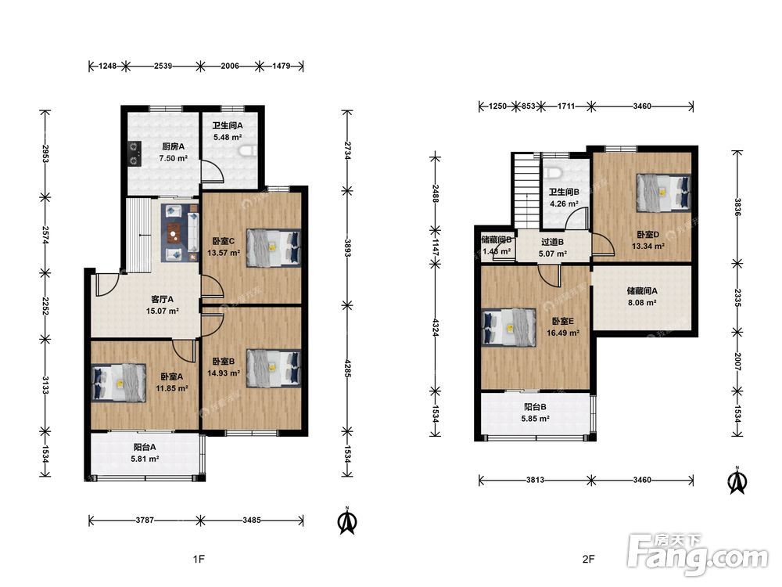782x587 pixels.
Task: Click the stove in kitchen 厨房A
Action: click(x=135, y=153)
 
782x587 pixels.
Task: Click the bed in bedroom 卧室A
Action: click(x=119, y=383)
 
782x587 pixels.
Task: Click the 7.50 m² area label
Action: click(x=173, y=158)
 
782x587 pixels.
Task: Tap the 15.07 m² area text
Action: click(x=163, y=311)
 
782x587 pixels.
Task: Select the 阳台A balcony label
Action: click(x=145, y=447)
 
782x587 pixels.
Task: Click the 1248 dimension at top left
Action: click(x=107, y=66)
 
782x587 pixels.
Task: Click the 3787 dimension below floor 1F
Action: click(x=145, y=520)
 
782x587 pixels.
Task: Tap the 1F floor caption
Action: click(x=199, y=559)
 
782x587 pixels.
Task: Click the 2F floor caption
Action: click(x=589, y=559)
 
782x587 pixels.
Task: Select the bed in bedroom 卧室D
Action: click(x=664, y=193)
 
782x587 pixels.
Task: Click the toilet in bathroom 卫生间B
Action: click(x=554, y=173)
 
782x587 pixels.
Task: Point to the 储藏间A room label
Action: click(x=642, y=290)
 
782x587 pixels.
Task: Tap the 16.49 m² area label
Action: click(x=562, y=333)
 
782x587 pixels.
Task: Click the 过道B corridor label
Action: click(x=553, y=242)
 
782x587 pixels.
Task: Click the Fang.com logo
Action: click(x=698, y=553)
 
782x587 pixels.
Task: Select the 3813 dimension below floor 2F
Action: click(x=535, y=481)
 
